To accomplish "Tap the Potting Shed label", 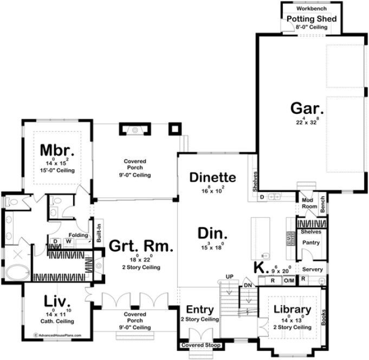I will point(311,19).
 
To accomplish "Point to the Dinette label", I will point(212,177).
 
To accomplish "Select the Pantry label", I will point(311,242).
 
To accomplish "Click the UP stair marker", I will point(229,277).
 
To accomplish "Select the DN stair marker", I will point(249,286).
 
